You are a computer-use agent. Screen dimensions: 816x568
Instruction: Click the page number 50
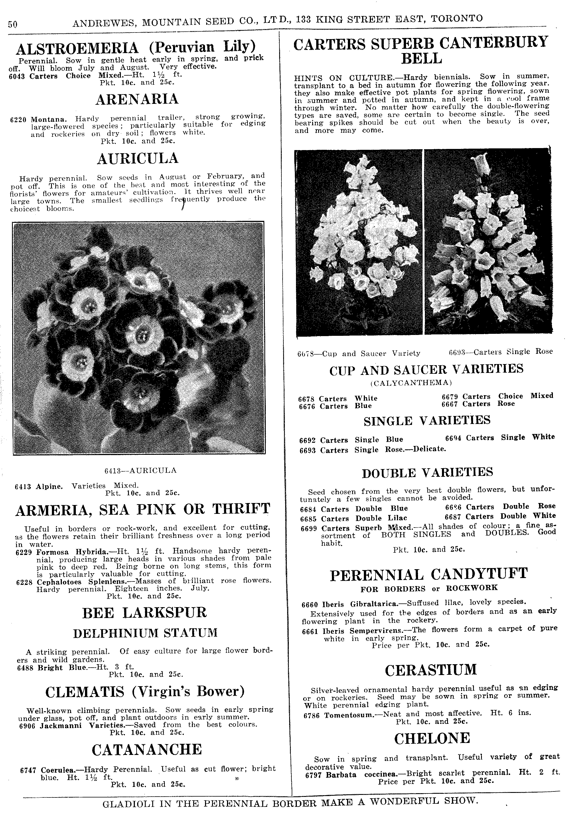click(x=13, y=24)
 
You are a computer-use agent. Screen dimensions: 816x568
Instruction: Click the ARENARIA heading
click(x=137, y=99)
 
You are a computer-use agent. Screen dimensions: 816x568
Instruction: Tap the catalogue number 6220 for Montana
click(x=18, y=120)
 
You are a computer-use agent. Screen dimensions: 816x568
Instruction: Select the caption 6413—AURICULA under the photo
click(x=140, y=470)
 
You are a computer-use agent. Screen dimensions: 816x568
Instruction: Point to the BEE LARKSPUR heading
click(x=144, y=613)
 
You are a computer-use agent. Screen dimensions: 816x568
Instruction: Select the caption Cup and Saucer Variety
click(x=359, y=353)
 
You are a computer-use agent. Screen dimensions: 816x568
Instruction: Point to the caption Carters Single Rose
click(x=501, y=352)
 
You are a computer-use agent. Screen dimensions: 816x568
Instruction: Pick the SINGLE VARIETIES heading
click(x=427, y=421)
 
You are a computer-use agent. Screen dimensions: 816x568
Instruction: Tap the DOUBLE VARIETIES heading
click(x=427, y=472)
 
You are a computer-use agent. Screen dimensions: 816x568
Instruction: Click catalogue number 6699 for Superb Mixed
click(x=309, y=528)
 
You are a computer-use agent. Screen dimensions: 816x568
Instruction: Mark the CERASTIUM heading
click(x=431, y=670)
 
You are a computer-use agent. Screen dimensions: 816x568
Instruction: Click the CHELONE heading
click(x=432, y=738)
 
